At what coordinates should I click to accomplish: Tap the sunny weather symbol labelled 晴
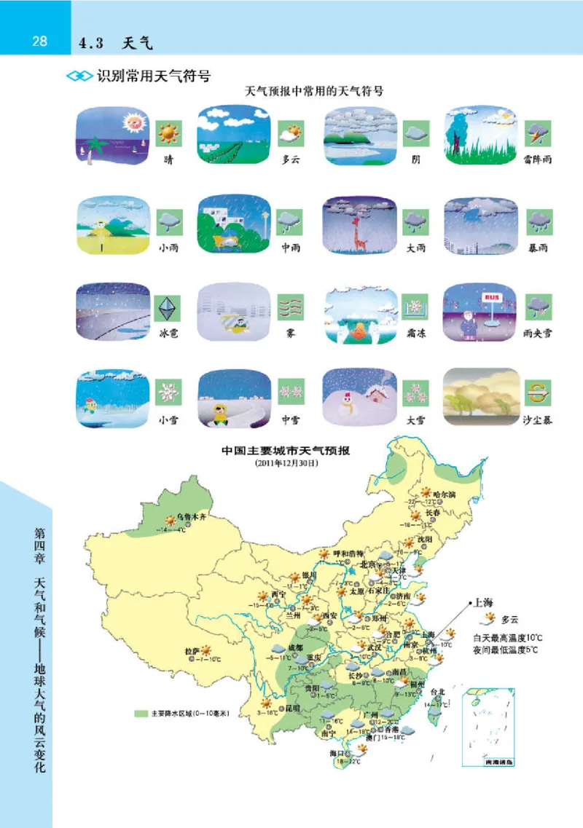[168, 133]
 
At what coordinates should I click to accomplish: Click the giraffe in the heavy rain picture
[356, 228]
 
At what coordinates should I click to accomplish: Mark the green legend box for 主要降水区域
[141, 713]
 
